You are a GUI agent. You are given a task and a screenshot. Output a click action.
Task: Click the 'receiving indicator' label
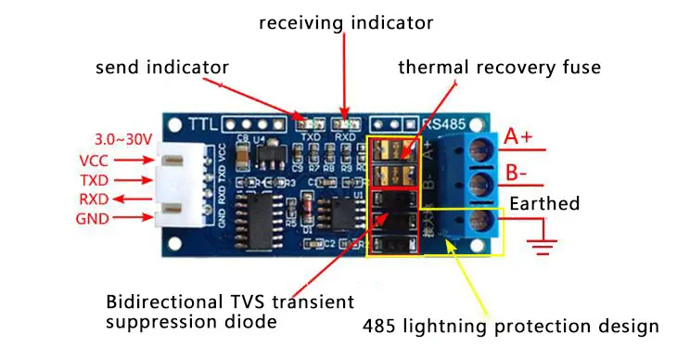coord(345,20)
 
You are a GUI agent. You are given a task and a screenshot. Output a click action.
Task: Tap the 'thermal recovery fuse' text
coord(499,67)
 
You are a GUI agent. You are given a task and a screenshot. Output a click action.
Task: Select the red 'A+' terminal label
coord(518,137)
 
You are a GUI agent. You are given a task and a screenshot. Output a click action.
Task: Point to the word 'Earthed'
coord(545,203)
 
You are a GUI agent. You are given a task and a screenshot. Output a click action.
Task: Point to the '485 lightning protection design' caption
coord(510,326)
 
